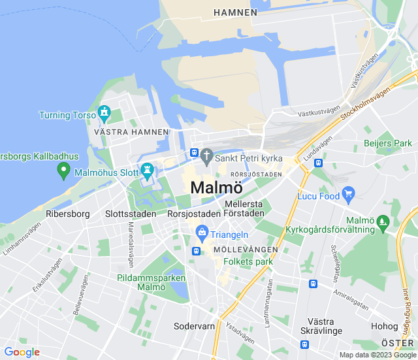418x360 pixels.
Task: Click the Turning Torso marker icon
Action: click(x=104, y=114)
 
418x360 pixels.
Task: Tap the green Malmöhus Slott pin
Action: click(x=147, y=171)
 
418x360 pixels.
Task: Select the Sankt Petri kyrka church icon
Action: click(x=206, y=155)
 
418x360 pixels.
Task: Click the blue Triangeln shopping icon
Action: click(x=202, y=232)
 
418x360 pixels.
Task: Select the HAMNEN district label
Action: click(x=235, y=12)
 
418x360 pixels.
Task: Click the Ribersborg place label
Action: click(x=68, y=214)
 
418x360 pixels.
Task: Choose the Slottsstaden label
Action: click(x=131, y=214)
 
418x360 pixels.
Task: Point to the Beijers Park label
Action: click(x=389, y=143)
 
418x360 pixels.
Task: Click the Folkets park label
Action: click(x=248, y=261)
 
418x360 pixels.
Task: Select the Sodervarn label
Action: click(x=194, y=325)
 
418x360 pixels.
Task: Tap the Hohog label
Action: click(x=384, y=326)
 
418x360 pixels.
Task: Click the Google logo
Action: click(x=22, y=352)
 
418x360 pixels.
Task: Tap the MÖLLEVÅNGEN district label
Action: click(x=246, y=250)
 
